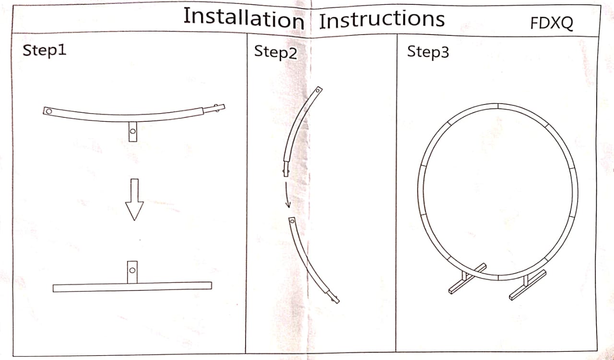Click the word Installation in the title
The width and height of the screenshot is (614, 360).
click(x=244, y=18)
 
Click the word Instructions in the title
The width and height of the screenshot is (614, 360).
click(x=382, y=20)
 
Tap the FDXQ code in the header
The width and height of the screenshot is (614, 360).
click(x=552, y=23)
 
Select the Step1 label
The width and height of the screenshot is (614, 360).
click(x=45, y=50)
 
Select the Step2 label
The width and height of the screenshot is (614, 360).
click(x=275, y=52)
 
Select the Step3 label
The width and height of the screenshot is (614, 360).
click(x=428, y=52)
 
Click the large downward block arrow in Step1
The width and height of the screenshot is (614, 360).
click(x=134, y=199)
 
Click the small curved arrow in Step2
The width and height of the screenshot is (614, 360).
click(x=287, y=195)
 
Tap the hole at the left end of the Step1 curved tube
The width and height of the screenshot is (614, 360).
click(x=49, y=111)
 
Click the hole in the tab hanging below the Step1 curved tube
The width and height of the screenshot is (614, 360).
click(x=133, y=131)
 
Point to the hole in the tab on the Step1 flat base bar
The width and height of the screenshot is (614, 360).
click(x=132, y=270)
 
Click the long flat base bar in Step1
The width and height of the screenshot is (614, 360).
click(x=132, y=287)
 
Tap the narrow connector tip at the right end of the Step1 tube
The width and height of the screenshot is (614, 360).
click(x=214, y=108)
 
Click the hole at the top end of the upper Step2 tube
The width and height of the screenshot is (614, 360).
click(x=318, y=91)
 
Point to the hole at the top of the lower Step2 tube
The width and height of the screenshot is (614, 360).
click(x=293, y=221)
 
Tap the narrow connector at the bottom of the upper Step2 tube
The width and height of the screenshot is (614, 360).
click(x=286, y=169)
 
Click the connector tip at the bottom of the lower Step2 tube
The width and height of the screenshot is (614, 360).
click(x=333, y=297)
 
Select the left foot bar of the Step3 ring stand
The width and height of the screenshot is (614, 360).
click(x=468, y=279)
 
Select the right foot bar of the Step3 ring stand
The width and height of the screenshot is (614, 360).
click(x=528, y=285)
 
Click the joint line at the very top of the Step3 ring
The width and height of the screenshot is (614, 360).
click(x=498, y=106)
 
